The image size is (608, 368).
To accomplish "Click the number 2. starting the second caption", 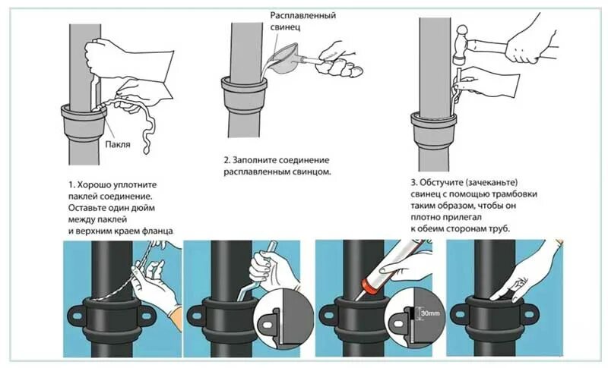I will (x=227, y=161).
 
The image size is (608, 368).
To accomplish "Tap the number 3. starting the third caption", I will (x=415, y=182).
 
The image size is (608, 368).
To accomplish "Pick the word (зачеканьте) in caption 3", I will (x=493, y=182).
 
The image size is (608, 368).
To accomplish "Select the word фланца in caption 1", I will (x=157, y=230).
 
